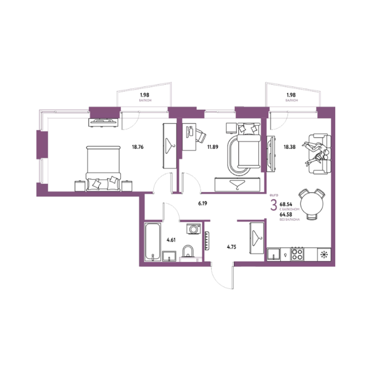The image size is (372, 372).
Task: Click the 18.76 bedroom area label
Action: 138,147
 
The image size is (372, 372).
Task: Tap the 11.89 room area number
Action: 213,147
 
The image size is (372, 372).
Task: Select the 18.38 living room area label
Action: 290,147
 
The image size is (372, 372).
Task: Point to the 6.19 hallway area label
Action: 202,203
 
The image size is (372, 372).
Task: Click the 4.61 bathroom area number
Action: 171,240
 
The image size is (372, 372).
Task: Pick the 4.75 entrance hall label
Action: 232,247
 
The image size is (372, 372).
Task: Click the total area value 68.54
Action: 286,204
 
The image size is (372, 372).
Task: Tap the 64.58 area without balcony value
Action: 286,215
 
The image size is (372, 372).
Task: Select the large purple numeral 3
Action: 274,205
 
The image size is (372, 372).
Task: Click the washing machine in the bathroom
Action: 194,229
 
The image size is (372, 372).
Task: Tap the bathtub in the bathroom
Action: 153,242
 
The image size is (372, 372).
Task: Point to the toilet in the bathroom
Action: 188,252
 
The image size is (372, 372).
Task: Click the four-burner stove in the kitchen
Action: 297,255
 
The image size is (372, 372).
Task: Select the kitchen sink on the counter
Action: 274,255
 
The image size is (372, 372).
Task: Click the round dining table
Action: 312,203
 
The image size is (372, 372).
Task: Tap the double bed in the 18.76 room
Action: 103,169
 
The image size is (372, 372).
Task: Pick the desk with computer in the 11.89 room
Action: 189,137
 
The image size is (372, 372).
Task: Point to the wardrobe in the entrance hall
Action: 257,238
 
